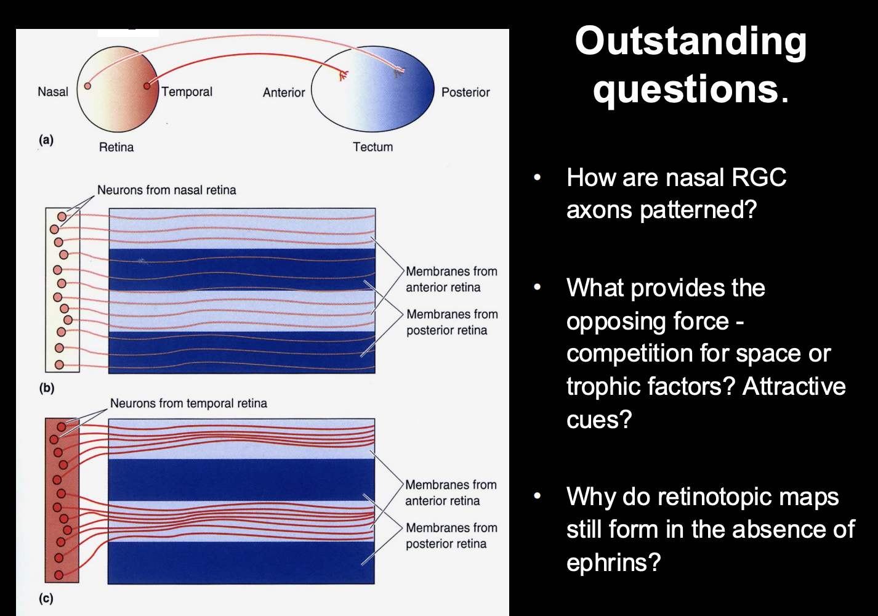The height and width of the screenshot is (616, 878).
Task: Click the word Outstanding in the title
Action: click(x=690, y=41)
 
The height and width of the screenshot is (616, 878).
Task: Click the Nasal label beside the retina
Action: click(x=53, y=92)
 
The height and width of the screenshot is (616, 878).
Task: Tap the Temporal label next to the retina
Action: click(x=187, y=92)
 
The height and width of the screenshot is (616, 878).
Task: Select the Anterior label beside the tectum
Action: click(x=284, y=92)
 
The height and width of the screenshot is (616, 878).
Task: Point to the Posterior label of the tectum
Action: click(x=465, y=92)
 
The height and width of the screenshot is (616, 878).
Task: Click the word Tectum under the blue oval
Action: click(x=373, y=147)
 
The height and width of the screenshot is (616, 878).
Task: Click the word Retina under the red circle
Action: click(x=116, y=147)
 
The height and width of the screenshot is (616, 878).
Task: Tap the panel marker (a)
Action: click(x=46, y=140)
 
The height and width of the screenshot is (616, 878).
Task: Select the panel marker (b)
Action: click(x=47, y=388)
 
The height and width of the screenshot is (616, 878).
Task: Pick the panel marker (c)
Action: click(x=46, y=598)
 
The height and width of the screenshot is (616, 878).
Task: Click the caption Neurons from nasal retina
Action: click(x=167, y=190)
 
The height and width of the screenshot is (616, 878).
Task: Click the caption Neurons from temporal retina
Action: click(x=188, y=403)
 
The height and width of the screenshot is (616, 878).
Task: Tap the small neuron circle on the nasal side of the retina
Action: click(x=87, y=86)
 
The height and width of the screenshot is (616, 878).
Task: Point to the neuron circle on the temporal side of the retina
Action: click(x=147, y=86)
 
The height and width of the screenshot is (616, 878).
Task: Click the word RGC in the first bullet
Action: click(x=758, y=177)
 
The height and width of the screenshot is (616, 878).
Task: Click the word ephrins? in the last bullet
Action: click(x=613, y=562)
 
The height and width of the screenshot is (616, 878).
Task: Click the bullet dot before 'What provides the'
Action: click(x=538, y=287)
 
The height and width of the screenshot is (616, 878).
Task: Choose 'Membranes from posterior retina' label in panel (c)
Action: click(x=451, y=536)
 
